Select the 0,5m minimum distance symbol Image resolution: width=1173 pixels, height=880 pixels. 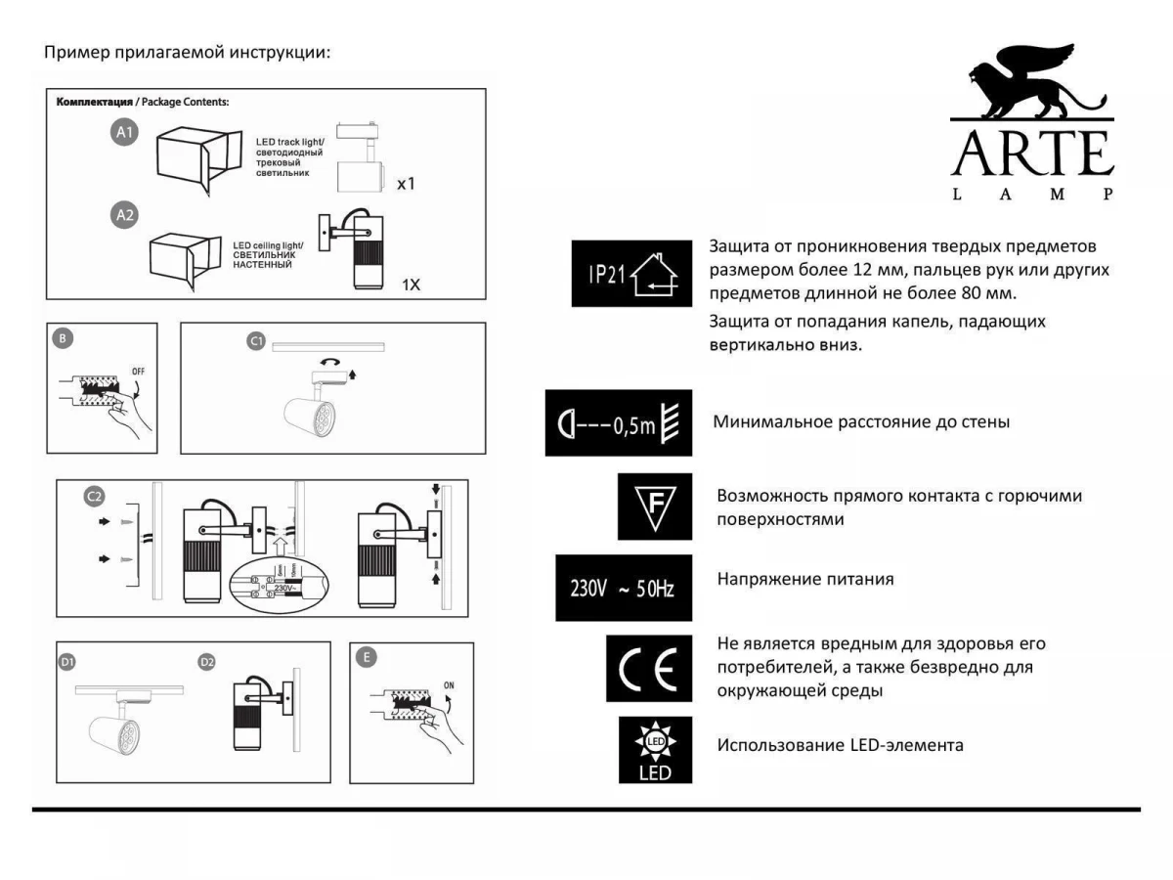pos(618,422)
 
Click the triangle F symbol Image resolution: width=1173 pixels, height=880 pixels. pos(654,506)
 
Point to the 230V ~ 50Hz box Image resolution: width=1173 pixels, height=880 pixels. pos(623,588)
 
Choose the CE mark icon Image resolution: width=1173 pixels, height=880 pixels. pos(648,668)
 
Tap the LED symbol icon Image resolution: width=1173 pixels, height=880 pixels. pos(654,750)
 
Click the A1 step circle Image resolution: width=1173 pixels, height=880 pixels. pos(124,133)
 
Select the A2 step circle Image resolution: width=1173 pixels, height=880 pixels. pos(124,215)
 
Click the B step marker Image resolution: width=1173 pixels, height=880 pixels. pos(63,339)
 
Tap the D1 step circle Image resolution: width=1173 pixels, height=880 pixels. pos(67,662)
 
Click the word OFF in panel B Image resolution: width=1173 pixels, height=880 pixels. pos(138,372)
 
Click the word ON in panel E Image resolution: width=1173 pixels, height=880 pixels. pos(449,684)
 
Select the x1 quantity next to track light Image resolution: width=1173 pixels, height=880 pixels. pos(406,183)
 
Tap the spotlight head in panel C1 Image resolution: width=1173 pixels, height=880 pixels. pos(312,415)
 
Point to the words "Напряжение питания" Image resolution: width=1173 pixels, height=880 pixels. pos(805,579)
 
